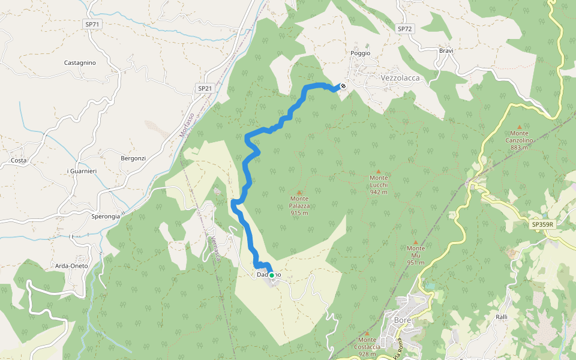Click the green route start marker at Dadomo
tap(271, 275)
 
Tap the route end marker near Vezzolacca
tap(343, 86)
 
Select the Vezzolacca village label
tap(400, 78)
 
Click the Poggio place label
tap(361, 53)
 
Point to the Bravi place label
tap(446, 51)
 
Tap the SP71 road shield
tap(92, 23)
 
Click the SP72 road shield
tap(405, 29)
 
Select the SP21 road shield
tap(205, 88)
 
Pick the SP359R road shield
tap(542, 224)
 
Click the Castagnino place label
tap(80, 62)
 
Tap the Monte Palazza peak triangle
tap(299, 192)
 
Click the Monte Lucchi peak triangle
tap(379, 171)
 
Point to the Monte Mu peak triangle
tap(415, 242)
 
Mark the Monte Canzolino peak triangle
tap(520, 127)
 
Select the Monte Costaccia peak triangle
tap(367, 333)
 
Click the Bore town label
tap(402, 320)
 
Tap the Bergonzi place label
tap(133, 158)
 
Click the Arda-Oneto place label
tap(71, 266)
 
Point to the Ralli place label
tap(502, 317)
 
